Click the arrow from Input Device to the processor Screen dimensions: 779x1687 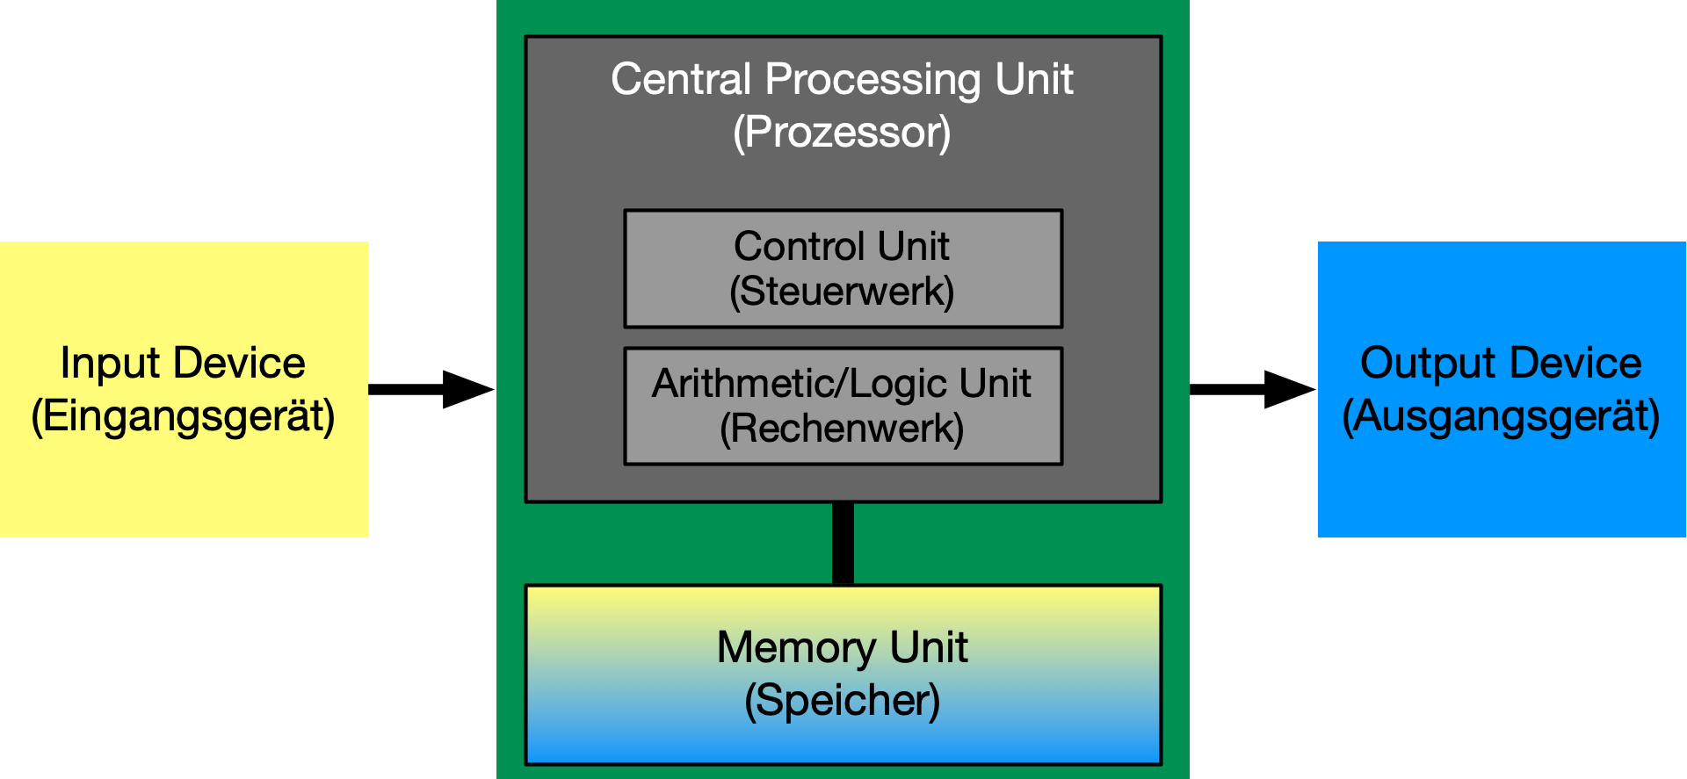(x=431, y=389)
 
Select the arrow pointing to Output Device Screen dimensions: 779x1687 (x=1252, y=389)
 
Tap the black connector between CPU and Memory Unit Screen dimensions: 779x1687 (x=843, y=543)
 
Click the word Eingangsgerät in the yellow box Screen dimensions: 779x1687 (x=183, y=416)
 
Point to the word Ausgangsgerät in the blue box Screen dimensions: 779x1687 (x=1501, y=416)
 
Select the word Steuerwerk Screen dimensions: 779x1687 (x=842, y=292)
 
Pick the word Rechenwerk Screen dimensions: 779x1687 (x=842, y=429)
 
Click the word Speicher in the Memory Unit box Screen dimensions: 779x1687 (x=842, y=700)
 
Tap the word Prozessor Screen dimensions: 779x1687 (x=842, y=133)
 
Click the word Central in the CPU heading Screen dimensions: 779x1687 (x=680, y=79)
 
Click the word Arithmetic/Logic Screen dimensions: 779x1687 (x=799, y=383)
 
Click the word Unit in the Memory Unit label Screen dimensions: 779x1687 (x=929, y=647)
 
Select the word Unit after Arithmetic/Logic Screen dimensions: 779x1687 (x=995, y=383)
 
